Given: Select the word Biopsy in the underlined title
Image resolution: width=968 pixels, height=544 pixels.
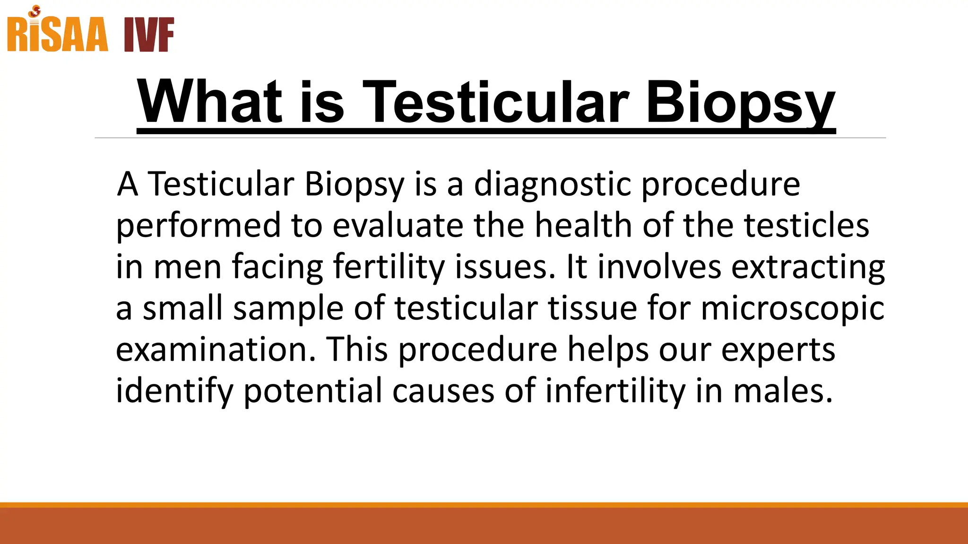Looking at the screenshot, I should (740, 102).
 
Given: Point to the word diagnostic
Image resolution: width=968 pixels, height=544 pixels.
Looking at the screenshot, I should (552, 184).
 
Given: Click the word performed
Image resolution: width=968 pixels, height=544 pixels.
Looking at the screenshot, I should (199, 226).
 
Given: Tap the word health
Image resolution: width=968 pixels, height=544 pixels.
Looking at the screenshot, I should (583, 226).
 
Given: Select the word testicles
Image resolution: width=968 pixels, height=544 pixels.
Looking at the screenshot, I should (806, 226).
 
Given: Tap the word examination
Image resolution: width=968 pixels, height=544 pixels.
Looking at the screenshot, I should (216, 350).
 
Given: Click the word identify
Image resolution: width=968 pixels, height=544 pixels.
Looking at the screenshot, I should (174, 391).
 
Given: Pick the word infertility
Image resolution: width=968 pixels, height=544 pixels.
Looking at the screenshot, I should (615, 391).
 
